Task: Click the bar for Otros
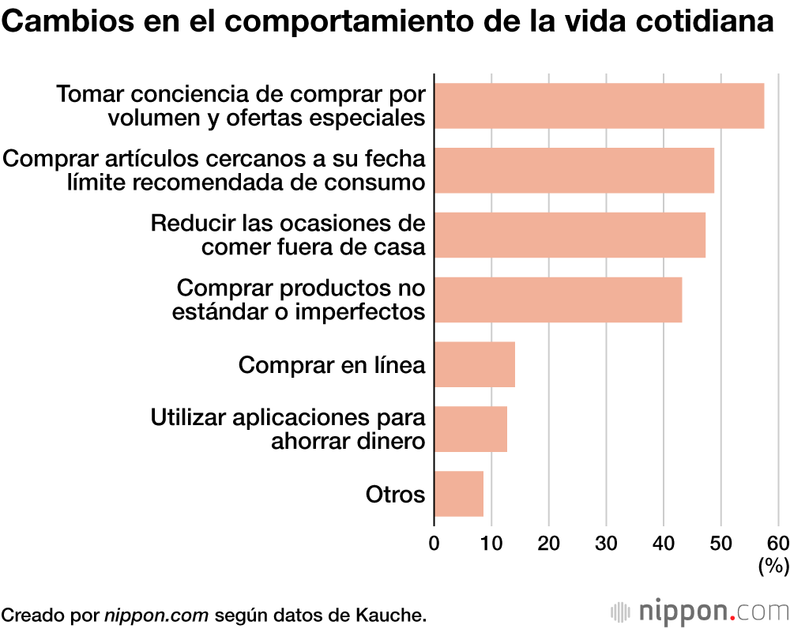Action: pos(458,494)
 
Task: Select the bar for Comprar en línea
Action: pos(474,364)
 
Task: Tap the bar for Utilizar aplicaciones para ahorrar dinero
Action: pos(470,429)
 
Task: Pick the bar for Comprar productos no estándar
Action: pos(558,299)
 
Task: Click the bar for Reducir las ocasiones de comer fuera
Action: pos(570,235)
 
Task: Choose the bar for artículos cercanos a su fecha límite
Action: pos(574,170)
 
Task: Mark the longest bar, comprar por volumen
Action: pos(599,105)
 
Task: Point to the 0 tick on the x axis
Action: pos(434,543)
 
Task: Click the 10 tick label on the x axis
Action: pos(491,543)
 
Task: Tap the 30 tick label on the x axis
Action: pos(606,543)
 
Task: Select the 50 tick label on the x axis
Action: pos(720,543)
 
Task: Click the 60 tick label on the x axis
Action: pos(777,543)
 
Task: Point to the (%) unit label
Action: pos(773,566)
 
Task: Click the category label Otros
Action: pos(395,495)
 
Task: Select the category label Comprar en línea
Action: pos(332,365)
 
